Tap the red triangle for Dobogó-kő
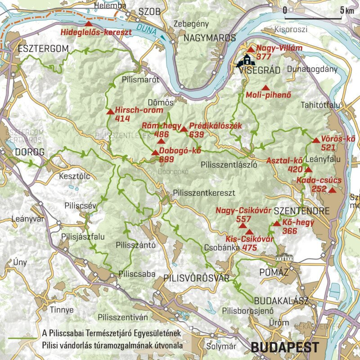pos(155,153)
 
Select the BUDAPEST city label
pos(284,347)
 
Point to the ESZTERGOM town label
pos(43,49)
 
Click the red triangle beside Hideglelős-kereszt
pos(89,23)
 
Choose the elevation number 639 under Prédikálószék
pos(197,134)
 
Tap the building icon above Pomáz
pos(284,259)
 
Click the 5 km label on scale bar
pos(347,10)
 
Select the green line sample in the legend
pos(22,338)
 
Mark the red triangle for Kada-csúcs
pos(332,190)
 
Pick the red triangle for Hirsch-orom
pos(110,112)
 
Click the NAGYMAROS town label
pos(210,38)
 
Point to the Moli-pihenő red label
pos(269,95)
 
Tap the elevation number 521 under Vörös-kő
pos(328,147)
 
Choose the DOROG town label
pos(30,152)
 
